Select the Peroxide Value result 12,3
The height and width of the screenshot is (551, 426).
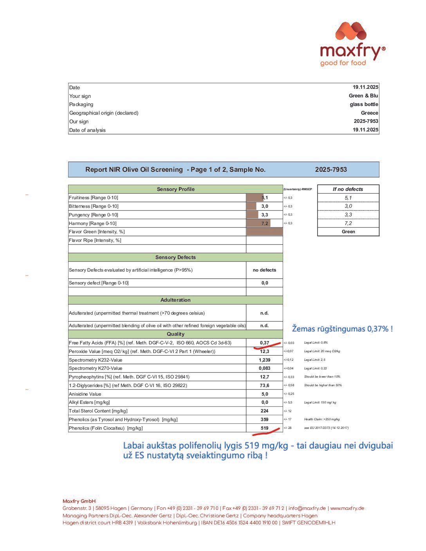tap(264, 351)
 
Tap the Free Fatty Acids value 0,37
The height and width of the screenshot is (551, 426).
tap(264, 343)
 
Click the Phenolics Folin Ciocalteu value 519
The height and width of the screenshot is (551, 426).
tap(264, 428)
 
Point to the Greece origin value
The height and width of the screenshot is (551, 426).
tap(369, 113)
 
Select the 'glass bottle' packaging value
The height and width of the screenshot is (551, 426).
tap(364, 104)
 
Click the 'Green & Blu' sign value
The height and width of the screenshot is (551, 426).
tap(363, 95)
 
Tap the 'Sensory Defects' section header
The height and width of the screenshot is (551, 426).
tap(175, 257)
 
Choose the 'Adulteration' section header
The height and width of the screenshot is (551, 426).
tap(175, 300)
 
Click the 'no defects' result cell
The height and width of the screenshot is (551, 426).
tap(264, 270)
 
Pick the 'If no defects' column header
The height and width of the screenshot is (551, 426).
tap(348, 189)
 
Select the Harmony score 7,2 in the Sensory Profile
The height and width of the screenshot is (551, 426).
tap(265, 223)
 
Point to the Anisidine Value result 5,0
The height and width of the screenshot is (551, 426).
tap(264, 394)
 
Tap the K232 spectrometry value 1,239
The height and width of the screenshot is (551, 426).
tap(264, 360)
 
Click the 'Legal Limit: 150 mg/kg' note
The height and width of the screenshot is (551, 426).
tap(320, 402)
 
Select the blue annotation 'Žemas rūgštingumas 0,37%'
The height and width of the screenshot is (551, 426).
tap(342, 329)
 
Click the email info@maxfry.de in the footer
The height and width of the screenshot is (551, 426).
tap(307, 508)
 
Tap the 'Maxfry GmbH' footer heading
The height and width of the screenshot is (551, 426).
tap(79, 501)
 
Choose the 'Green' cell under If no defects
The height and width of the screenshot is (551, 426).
tap(348, 232)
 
